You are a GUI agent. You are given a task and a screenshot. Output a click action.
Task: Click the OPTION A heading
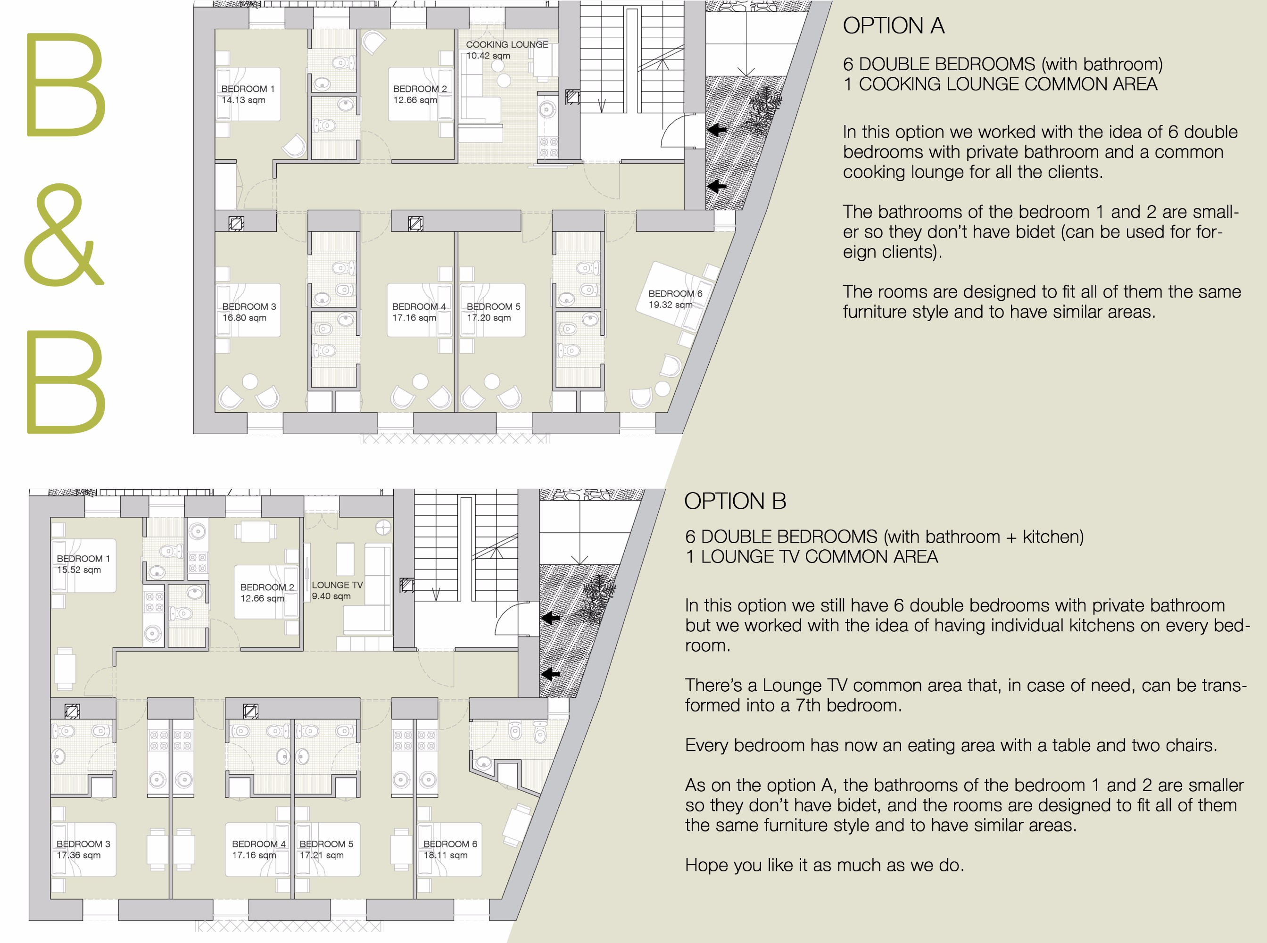(x=893, y=25)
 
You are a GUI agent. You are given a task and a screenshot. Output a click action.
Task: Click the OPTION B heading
(x=735, y=501)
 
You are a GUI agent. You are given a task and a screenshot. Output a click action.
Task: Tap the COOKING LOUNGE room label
(x=507, y=44)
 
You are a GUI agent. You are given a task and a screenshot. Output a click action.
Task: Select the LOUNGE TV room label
(x=337, y=585)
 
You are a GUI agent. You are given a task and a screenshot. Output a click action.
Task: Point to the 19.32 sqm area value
(x=671, y=305)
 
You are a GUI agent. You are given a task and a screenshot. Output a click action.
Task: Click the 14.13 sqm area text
(x=243, y=100)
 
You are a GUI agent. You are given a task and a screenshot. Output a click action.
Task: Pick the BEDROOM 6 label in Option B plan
(x=450, y=844)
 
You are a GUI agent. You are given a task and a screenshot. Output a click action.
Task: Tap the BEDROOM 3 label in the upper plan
(x=249, y=306)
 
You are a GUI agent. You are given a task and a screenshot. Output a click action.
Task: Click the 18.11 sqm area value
(x=445, y=855)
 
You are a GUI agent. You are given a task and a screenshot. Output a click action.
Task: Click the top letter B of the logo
(x=66, y=84)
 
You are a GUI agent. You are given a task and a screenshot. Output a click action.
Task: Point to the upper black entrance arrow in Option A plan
(x=717, y=130)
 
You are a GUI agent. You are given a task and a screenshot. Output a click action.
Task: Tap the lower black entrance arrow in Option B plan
(x=550, y=674)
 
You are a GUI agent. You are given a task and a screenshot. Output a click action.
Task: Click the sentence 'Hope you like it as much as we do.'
(x=825, y=865)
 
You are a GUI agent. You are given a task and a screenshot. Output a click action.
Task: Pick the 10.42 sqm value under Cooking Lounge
(x=488, y=56)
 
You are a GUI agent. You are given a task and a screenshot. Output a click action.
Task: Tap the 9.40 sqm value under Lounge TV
(x=331, y=596)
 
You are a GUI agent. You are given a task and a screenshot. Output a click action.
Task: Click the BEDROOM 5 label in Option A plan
(x=494, y=306)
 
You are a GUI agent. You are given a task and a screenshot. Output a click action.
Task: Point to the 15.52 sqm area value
(x=79, y=570)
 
